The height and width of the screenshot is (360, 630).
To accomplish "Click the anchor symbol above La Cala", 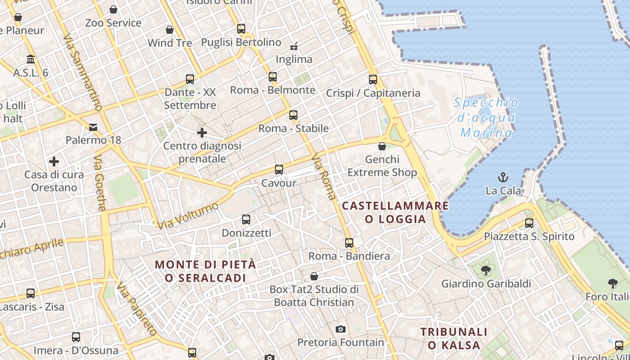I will [x=503, y=177].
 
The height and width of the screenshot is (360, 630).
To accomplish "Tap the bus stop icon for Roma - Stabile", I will [x=293, y=115].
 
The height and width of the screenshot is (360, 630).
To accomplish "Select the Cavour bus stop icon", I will [x=279, y=170].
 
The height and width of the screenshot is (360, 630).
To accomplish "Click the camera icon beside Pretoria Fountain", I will [x=341, y=329].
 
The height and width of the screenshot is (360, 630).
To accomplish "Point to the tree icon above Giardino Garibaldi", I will [x=486, y=270].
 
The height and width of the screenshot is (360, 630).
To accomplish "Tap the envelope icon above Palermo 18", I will [x=93, y=127].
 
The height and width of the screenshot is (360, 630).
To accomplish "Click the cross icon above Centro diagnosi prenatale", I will [x=202, y=133].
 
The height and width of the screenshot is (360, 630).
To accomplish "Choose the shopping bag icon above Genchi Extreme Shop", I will [x=382, y=146].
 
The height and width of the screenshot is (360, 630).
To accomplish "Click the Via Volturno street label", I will [x=188, y=216].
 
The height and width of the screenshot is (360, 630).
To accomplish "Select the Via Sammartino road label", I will [x=83, y=72].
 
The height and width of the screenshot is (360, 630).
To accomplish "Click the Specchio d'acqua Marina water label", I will [x=486, y=117].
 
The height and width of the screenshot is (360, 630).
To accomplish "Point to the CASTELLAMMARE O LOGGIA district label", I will [x=396, y=212].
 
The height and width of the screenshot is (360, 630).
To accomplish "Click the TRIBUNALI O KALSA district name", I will [x=454, y=338].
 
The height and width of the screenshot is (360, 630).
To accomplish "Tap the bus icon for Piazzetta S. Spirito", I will [x=529, y=223].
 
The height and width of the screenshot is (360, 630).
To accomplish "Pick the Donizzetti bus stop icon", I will [x=246, y=220].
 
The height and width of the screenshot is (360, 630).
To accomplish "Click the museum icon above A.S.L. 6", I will [x=31, y=59].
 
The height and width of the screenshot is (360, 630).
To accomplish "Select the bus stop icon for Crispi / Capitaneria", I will [x=373, y=80].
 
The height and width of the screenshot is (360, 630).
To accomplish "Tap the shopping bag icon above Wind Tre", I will [x=170, y=30].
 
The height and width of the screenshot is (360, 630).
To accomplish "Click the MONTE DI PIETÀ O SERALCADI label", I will [x=206, y=271].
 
